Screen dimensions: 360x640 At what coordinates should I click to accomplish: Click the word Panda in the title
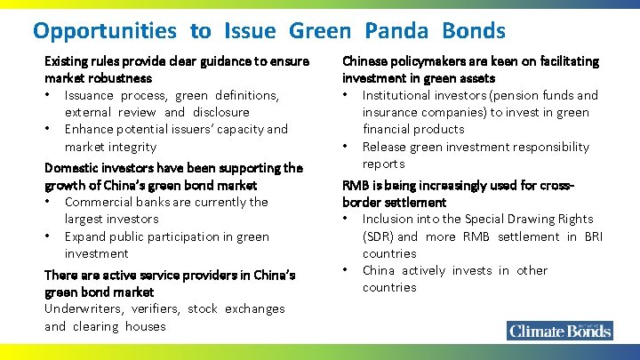click(396, 31)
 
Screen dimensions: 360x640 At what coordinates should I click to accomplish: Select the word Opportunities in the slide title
click(105, 31)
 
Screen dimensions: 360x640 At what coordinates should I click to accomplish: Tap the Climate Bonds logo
click(559, 331)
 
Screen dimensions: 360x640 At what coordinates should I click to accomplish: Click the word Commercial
click(99, 202)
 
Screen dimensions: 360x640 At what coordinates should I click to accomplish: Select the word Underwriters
click(85, 308)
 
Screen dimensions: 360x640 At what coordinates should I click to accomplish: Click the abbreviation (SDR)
click(378, 236)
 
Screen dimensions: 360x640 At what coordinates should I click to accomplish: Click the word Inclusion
click(389, 219)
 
